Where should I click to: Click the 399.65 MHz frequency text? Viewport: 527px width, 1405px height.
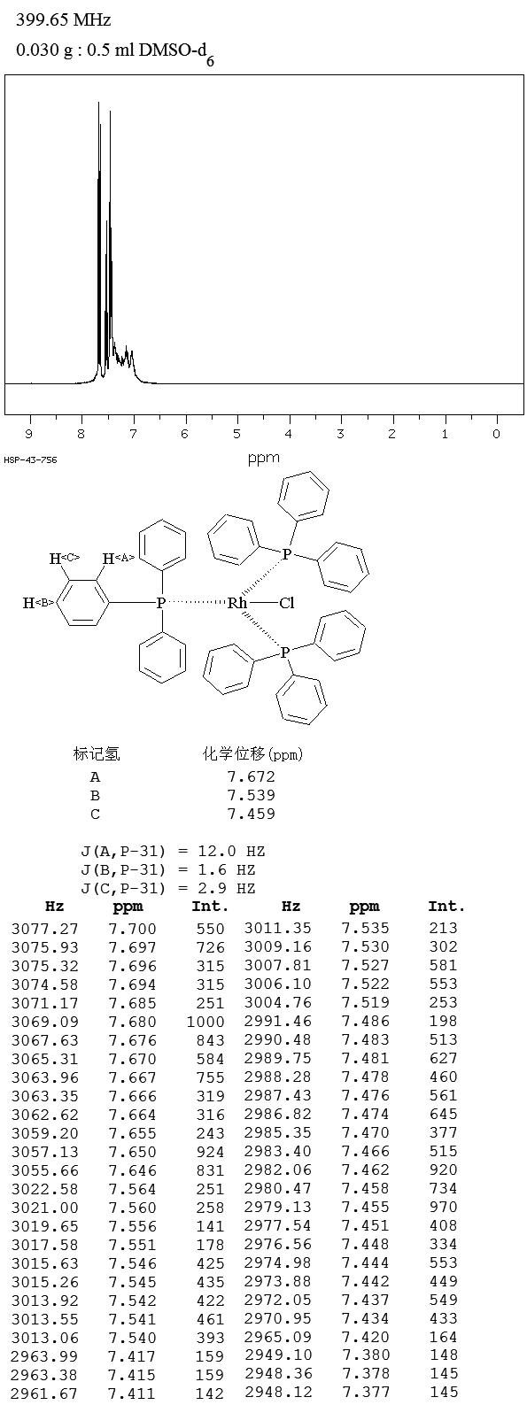coord(64,20)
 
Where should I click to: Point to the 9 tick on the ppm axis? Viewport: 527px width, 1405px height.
coord(29,434)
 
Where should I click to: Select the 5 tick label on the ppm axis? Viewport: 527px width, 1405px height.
coord(236,434)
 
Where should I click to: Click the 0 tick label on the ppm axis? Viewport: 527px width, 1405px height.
coord(496,434)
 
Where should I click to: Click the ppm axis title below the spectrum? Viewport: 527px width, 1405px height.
coord(264,459)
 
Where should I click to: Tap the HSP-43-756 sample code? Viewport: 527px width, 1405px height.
coord(30,460)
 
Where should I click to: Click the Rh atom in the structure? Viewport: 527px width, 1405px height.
coord(237,604)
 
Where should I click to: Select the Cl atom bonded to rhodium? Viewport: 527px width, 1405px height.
coord(287,604)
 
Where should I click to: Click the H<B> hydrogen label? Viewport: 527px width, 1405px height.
coord(38,604)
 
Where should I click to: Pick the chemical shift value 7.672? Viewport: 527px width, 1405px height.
coord(251,777)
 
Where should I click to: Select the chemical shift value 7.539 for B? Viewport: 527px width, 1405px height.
coord(251,795)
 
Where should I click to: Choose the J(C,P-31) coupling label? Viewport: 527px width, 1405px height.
coord(123,888)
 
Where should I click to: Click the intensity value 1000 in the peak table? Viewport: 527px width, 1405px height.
coord(205,1022)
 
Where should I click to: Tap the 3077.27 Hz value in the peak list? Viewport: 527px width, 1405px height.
coord(45,929)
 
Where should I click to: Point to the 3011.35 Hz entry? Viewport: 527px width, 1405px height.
coord(278,928)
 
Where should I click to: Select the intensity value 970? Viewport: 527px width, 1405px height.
coord(444,1207)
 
